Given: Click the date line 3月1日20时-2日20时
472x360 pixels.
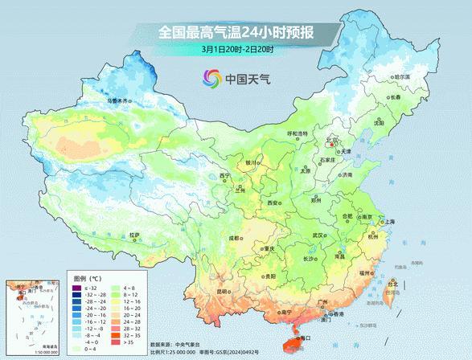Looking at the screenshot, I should (x=237, y=50).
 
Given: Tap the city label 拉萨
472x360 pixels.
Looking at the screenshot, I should (x=134, y=235).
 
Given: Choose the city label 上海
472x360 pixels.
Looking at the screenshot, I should (x=389, y=221).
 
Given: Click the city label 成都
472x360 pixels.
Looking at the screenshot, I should (x=233, y=238).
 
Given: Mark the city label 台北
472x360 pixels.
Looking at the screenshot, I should (x=392, y=284).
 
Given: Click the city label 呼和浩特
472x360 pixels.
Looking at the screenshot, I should (x=298, y=133).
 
